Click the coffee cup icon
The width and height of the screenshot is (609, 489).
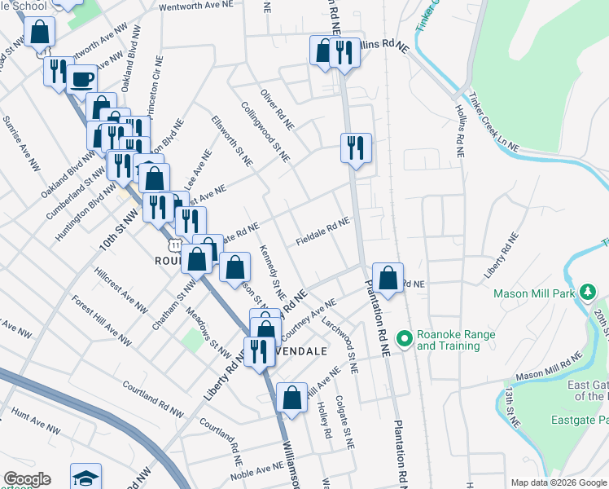pos(81,79)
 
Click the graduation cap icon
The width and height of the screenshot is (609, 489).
pos(85,478)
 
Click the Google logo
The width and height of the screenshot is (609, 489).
pos(27,479)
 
